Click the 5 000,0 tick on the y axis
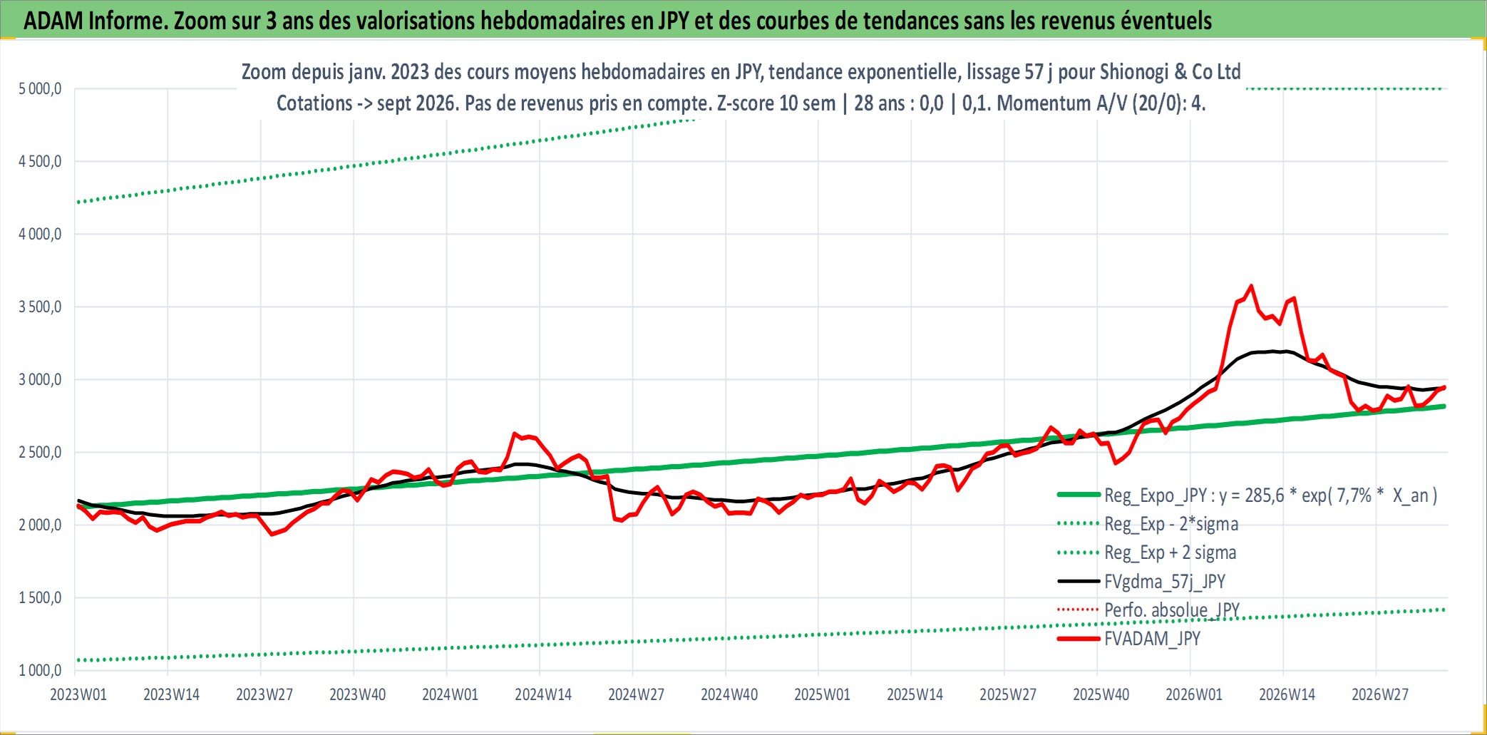(40, 89)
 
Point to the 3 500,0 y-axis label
(40, 307)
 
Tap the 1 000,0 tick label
(40, 670)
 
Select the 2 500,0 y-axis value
(40, 453)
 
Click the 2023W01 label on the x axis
(78, 694)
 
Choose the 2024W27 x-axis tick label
(636, 694)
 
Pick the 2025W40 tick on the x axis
(1101, 694)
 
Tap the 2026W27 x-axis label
(1380, 694)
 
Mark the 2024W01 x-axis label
(450, 694)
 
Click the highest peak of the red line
(1251, 286)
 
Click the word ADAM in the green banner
(53, 21)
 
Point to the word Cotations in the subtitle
(314, 103)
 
